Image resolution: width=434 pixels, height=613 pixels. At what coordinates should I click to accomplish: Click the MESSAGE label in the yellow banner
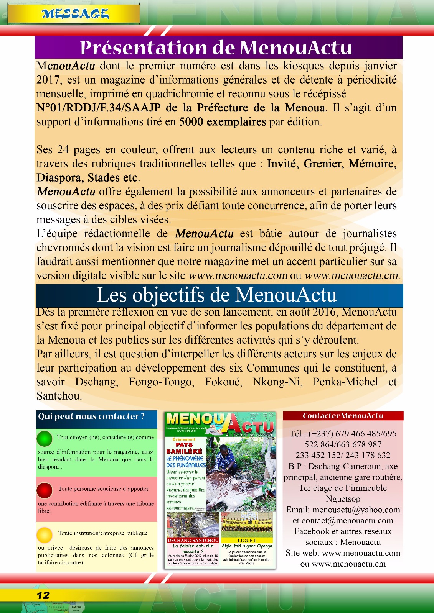(75, 14)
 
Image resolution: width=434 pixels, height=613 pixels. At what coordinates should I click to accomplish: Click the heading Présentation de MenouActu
(216, 48)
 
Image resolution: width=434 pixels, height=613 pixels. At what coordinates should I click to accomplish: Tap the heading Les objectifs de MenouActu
(217, 295)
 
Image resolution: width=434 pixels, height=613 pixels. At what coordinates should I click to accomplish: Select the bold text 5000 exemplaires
(223, 122)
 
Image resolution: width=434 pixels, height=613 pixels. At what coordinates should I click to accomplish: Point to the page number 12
(43, 595)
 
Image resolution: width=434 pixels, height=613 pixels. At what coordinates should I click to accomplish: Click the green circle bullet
(45, 439)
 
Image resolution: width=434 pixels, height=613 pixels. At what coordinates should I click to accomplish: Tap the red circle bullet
(45, 490)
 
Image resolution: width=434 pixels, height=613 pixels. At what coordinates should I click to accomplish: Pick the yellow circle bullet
(45, 534)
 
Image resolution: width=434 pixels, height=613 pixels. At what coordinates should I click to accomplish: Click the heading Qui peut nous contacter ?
(91, 416)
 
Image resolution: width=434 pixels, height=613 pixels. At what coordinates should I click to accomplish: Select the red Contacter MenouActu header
(343, 416)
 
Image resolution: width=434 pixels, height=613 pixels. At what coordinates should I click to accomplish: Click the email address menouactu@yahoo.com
(356, 510)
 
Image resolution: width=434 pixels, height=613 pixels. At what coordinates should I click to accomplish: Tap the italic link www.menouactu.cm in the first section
(352, 275)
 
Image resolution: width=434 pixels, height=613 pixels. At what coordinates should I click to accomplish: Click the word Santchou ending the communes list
(59, 396)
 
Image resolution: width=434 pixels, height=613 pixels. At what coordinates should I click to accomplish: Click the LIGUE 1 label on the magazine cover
(247, 540)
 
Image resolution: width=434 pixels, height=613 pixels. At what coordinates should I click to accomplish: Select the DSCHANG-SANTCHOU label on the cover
(193, 540)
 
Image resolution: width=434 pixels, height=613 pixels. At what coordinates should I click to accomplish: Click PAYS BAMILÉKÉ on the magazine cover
(184, 448)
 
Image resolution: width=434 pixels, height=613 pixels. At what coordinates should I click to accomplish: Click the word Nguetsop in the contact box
(343, 499)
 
